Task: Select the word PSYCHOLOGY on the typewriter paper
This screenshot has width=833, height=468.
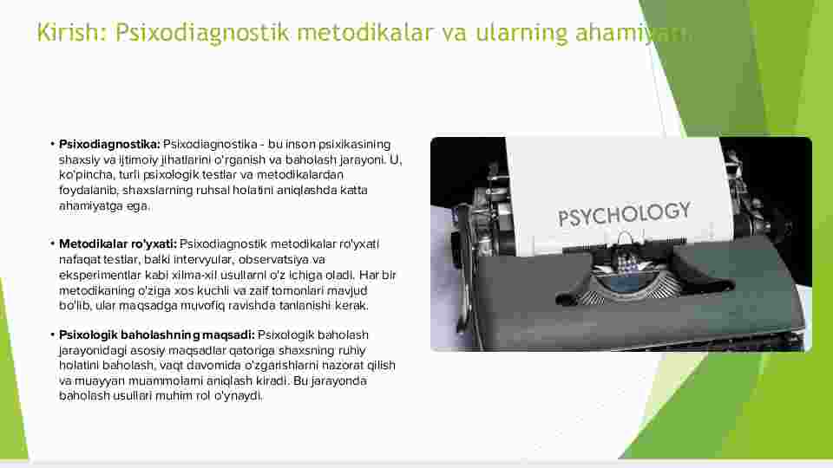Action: (624, 214)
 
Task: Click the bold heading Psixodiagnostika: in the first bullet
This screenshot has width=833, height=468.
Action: (109, 145)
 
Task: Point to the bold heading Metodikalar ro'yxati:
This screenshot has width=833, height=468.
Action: (118, 244)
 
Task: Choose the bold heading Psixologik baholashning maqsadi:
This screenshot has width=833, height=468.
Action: (157, 335)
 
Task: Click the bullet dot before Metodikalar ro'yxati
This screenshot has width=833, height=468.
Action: (53, 244)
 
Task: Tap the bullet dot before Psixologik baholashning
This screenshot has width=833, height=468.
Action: (53, 335)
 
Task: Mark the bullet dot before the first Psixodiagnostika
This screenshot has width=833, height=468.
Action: (53, 144)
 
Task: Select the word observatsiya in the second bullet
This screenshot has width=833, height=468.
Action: (273, 259)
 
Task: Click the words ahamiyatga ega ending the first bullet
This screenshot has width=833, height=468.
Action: (104, 206)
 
